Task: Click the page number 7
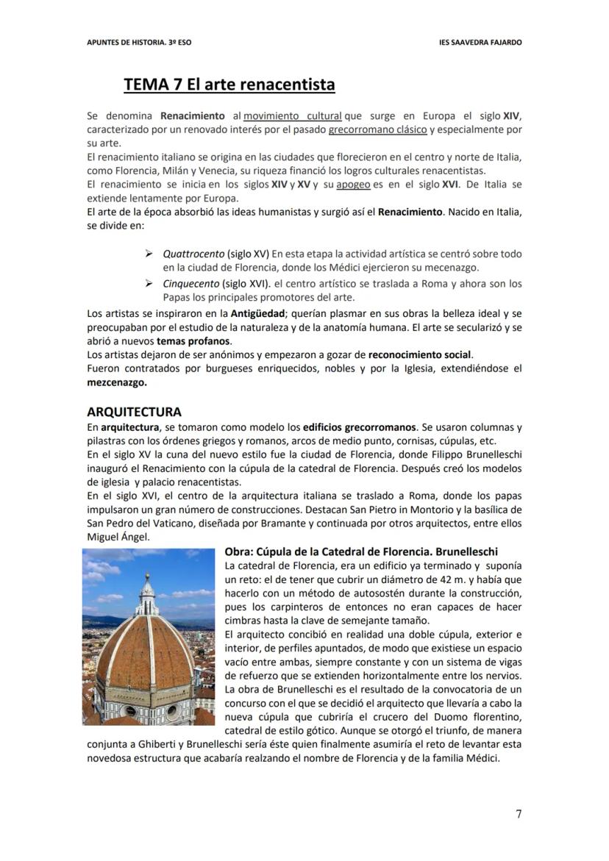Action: pyautogui.click(x=519, y=813)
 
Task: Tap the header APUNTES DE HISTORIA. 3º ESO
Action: pyautogui.click(x=139, y=43)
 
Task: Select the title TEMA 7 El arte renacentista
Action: pyautogui.click(x=229, y=85)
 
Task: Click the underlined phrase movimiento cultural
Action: pyautogui.click(x=293, y=116)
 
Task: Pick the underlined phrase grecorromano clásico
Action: pyautogui.click(x=377, y=129)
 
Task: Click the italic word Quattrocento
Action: pyautogui.click(x=193, y=254)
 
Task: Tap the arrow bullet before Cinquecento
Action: pyautogui.click(x=149, y=283)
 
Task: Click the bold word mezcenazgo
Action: pyautogui.click(x=116, y=382)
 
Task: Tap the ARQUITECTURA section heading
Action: pyautogui.click(x=134, y=412)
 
